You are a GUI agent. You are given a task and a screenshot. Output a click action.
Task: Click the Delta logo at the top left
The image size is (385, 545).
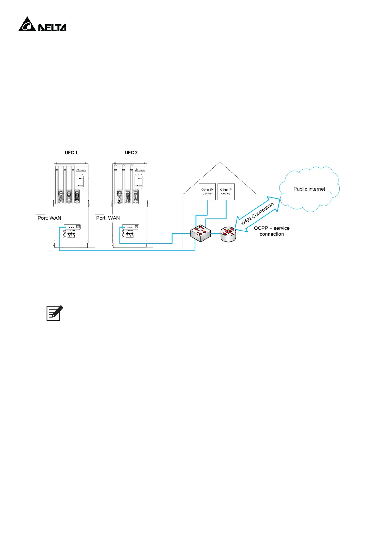[x=42, y=25]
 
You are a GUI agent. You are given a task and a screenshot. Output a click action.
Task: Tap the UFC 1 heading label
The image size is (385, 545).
[x=71, y=152]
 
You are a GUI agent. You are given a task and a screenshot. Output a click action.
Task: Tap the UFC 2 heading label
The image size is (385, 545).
[x=131, y=152]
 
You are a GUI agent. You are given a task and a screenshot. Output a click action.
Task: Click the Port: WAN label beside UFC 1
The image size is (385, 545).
[x=49, y=218]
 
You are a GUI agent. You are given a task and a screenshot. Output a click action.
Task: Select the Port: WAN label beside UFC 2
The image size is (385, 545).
[x=108, y=218]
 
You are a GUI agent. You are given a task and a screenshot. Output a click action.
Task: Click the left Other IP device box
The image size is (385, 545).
[x=207, y=192]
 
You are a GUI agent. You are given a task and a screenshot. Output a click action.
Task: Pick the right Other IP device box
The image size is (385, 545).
[x=226, y=192]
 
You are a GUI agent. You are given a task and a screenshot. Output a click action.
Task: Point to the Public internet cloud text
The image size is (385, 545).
[x=309, y=189]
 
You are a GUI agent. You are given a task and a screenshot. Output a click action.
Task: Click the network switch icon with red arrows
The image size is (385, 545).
[x=200, y=233]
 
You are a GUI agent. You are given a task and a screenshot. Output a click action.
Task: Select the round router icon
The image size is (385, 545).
[x=228, y=233]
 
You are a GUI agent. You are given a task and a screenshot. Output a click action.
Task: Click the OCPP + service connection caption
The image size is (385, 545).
[x=272, y=231]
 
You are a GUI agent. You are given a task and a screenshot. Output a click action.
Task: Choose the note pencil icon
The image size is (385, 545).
[x=54, y=313]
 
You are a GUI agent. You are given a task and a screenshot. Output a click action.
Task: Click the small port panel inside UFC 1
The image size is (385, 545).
[x=72, y=227]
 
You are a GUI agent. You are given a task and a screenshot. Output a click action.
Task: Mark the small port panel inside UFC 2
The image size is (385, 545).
[x=131, y=227]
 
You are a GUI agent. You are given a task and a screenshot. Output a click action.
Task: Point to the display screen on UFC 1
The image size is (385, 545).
[x=80, y=180]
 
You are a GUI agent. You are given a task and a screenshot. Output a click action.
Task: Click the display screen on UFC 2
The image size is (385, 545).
[x=138, y=180]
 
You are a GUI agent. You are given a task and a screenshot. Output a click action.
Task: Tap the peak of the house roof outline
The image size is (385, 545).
[x=220, y=162]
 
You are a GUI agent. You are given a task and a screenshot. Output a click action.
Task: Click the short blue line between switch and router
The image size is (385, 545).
[x=216, y=234]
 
